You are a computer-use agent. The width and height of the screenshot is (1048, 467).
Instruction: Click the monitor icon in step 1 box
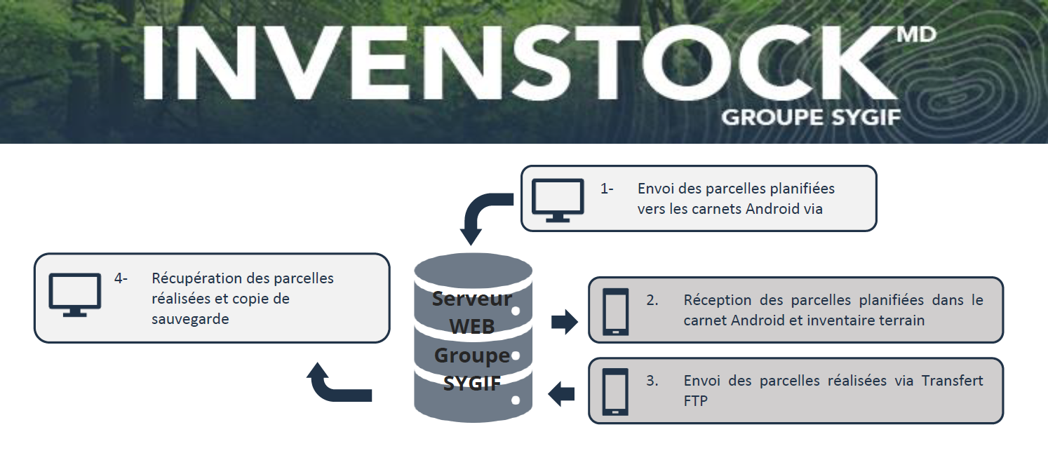[558, 200]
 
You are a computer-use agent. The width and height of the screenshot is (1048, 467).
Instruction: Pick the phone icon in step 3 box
[616, 392]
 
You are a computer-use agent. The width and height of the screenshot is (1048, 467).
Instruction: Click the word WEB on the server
[472, 327]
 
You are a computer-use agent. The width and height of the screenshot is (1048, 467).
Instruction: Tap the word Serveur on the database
[472, 299]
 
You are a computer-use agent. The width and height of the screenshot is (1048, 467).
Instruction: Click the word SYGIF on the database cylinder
[472, 383]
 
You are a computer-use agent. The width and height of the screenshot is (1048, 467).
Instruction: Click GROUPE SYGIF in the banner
[811, 116]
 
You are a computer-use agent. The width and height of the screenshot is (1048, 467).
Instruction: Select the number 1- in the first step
[607, 189]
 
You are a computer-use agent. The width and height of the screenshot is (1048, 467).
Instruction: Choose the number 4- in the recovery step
[121, 278]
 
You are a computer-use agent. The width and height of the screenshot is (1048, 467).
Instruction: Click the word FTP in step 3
[696, 402]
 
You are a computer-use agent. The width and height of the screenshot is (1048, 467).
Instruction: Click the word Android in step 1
[763, 209]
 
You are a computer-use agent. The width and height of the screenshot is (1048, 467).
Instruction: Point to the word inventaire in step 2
[835, 320]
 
